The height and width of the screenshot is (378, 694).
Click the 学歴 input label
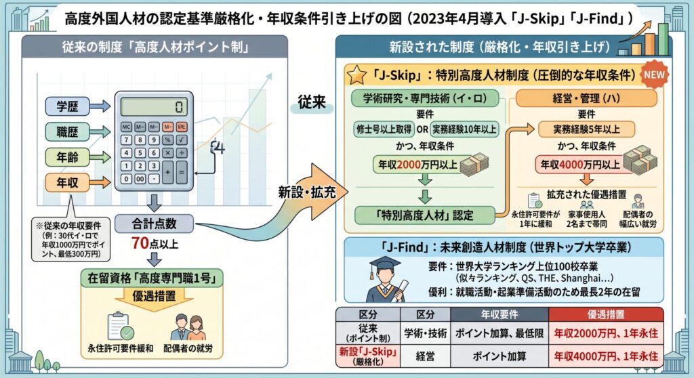[x=67, y=106]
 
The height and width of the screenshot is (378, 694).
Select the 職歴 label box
[x=67, y=131]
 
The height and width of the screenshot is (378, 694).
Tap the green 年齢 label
[x=67, y=157]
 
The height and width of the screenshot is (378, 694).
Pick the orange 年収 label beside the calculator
[x=67, y=182]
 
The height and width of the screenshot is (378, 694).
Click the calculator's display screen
[x=154, y=106]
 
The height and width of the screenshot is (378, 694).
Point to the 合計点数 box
[x=154, y=224]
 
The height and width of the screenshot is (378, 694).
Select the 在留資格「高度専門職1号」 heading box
[x=152, y=278]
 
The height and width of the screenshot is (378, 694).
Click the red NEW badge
[x=654, y=75]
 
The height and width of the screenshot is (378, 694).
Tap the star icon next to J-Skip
[x=356, y=75]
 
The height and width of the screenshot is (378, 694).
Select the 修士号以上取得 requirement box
[x=384, y=129]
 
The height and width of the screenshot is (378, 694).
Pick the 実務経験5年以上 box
[x=586, y=129]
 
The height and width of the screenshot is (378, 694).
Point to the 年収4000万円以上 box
[x=580, y=165]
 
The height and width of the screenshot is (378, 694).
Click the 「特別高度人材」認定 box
[x=425, y=215]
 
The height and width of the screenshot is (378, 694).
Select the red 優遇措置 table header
[x=606, y=314]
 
